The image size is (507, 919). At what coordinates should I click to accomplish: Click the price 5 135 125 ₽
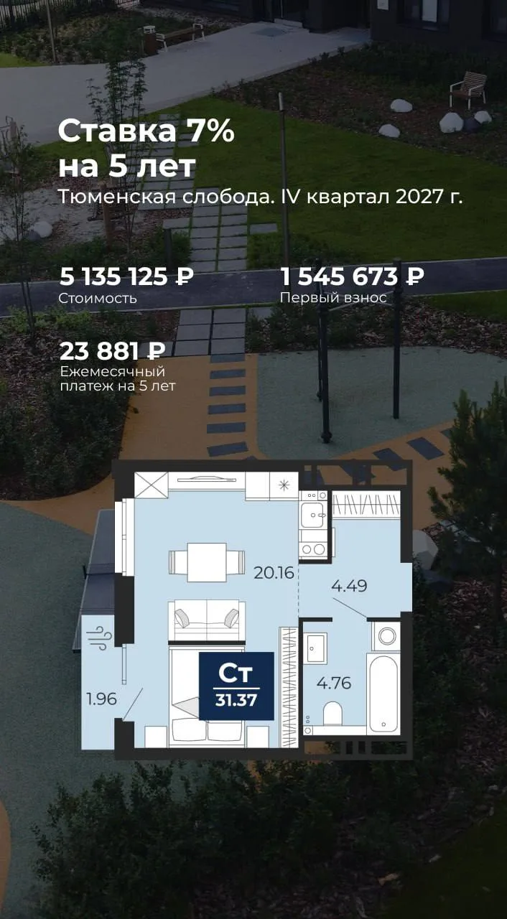click(126, 276)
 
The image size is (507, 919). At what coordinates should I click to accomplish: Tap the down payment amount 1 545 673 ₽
click(352, 276)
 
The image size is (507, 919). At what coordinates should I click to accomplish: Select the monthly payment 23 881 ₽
click(113, 351)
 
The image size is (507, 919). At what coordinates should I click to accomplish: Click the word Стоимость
click(98, 298)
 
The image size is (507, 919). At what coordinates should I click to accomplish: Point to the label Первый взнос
click(333, 298)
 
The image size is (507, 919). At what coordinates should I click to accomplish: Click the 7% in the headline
click(211, 131)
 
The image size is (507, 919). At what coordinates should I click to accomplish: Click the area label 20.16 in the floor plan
click(274, 572)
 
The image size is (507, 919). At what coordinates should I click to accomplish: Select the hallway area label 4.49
click(349, 585)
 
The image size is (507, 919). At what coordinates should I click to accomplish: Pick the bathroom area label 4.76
click(334, 683)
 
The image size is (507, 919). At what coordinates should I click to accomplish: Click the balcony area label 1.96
click(102, 699)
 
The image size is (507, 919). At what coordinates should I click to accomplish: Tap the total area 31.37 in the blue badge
click(236, 700)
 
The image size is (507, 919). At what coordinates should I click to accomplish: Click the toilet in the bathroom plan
click(332, 714)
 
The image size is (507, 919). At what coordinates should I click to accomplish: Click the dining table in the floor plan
click(207, 562)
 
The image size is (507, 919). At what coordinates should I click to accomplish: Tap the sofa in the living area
click(207, 620)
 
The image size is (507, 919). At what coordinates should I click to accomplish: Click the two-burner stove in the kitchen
click(313, 549)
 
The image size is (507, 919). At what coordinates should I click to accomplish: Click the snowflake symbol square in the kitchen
click(284, 486)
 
